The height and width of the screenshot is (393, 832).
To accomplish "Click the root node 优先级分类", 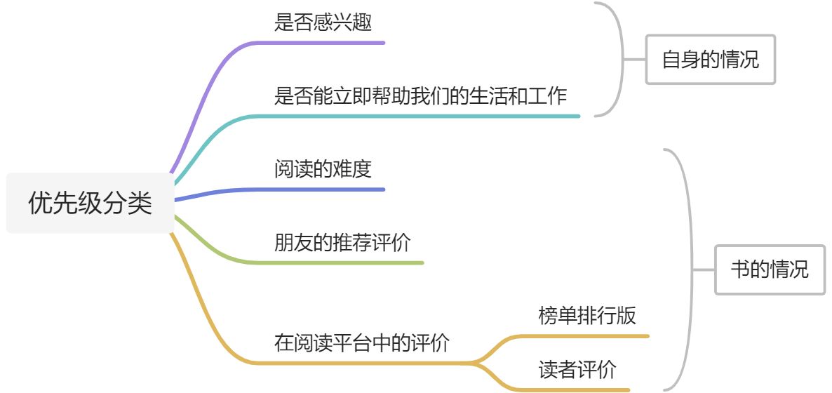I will coord(90,204).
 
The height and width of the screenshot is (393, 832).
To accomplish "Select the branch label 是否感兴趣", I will coord(323,22).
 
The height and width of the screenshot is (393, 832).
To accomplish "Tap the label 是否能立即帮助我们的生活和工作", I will coord(420,95).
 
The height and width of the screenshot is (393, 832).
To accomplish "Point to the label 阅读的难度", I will coord(323,169).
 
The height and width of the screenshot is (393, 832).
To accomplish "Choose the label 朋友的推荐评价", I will coord(342,243).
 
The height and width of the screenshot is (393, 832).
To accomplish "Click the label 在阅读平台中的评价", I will coord(362,343).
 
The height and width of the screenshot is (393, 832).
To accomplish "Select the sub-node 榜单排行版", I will coord(587,316).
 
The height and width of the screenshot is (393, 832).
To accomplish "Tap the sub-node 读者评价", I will coord(577,370).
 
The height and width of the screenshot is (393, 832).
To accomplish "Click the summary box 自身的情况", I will coord(710,60).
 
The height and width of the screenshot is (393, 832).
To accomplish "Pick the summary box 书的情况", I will coord(770,269).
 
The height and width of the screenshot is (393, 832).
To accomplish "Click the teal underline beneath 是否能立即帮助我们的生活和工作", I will coord(421,116).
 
